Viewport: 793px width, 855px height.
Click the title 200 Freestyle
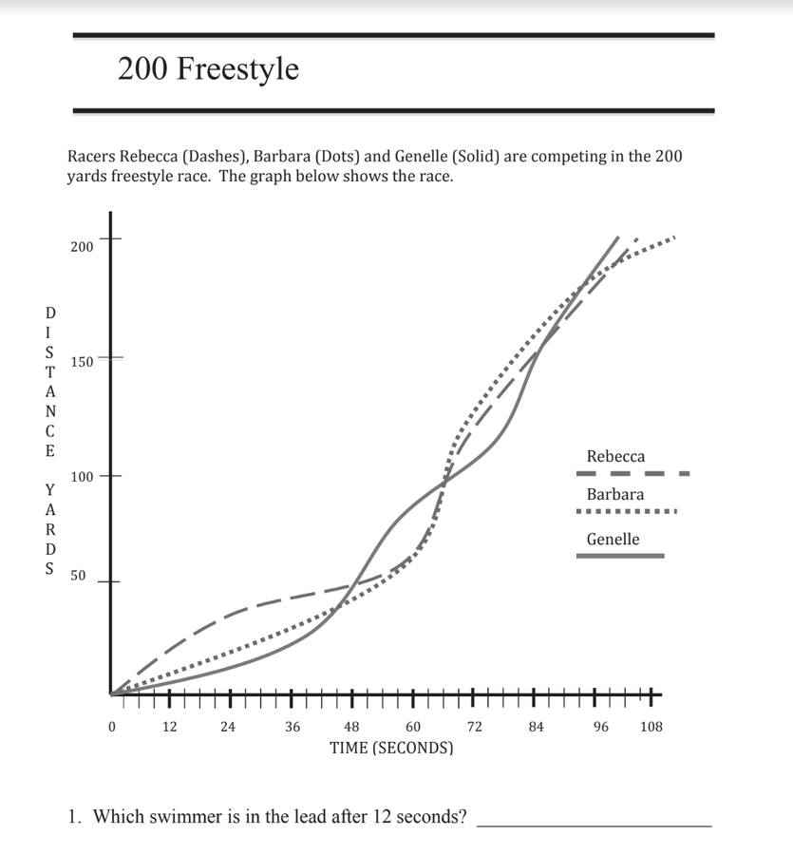coord(208,69)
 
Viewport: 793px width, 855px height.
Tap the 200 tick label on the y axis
coord(82,247)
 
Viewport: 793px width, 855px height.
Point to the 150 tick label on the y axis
coord(82,362)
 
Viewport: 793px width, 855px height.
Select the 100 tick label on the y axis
coord(82,476)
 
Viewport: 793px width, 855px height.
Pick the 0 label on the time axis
coord(112,727)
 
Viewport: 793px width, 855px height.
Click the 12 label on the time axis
coord(170,727)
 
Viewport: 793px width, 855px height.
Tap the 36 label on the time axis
coord(293,727)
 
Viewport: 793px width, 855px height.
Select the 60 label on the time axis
coord(413,727)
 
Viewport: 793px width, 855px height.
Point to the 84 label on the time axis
coord(536,727)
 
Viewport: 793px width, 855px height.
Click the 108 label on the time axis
coord(651,727)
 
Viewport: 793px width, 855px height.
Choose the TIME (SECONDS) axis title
coord(391,748)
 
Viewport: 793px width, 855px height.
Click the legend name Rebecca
coord(615,457)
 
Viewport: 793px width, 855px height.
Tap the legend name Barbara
coord(615,494)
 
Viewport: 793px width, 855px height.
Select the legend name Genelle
coord(613,540)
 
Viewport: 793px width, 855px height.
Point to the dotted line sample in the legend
coord(627,513)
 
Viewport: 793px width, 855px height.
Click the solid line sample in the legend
coord(620,556)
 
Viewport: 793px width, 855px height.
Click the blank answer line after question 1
coord(594,825)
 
